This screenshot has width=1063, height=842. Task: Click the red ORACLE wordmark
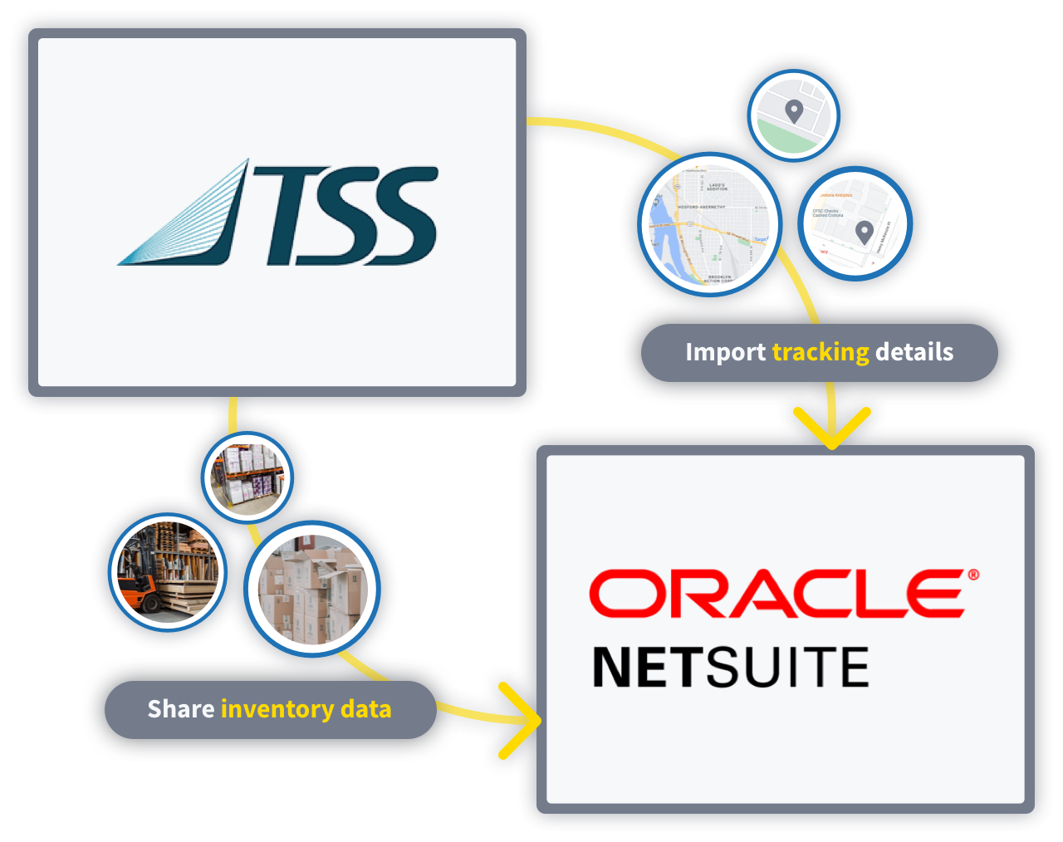[x=776, y=594]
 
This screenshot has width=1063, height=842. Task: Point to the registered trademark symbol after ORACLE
[x=972, y=575]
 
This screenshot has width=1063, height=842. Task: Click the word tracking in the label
[x=821, y=352]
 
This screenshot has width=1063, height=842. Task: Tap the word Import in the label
[x=725, y=352]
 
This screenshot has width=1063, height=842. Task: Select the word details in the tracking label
[x=914, y=352]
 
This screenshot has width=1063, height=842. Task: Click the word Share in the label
[x=180, y=709]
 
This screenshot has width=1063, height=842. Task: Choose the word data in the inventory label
[x=365, y=709]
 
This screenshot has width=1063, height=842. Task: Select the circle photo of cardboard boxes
[x=312, y=589]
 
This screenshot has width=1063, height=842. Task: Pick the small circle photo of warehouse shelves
[x=247, y=476]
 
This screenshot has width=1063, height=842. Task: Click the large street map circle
[x=710, y=225]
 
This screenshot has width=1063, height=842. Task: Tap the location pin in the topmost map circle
[x=794, y=110]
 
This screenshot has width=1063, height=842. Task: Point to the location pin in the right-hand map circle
[x=865, y=232]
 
